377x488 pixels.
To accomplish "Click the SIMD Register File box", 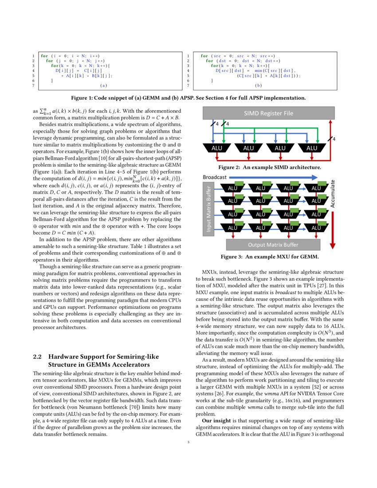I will pos(268,114).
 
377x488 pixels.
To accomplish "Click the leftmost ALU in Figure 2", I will pos(217,148).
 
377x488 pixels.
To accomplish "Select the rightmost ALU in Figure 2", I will pos(312,148).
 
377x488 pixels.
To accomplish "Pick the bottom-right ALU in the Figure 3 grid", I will pos(316,228).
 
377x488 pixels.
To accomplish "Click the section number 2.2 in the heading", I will pos(38,357).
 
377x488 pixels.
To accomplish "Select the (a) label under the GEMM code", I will pos(104,85).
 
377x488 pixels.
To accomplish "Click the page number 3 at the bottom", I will pos(188,442).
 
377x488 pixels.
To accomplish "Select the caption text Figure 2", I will pos(230,167).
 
